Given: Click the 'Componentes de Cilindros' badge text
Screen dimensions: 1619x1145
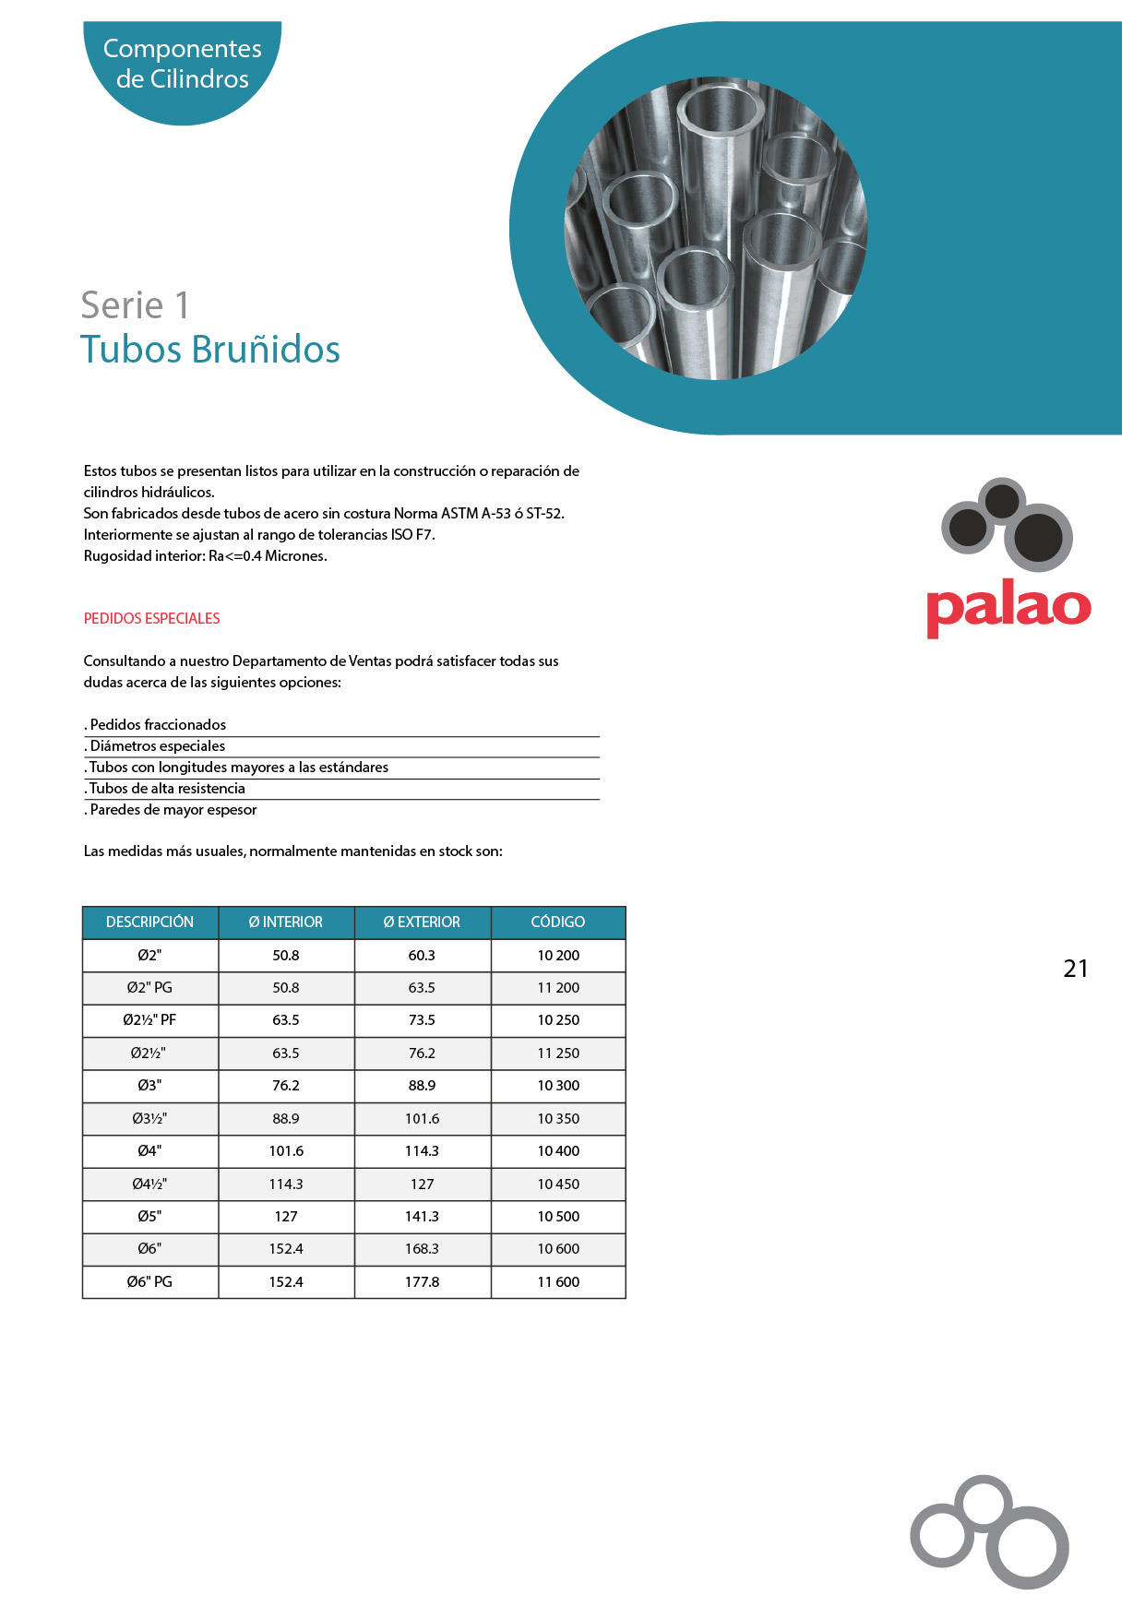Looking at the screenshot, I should point(182,64).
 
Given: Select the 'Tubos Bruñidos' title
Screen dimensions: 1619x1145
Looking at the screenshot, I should point(209,350).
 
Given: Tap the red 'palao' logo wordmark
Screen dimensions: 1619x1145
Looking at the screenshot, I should point(1008,608).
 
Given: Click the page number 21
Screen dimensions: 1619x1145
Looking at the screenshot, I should point(1075,969).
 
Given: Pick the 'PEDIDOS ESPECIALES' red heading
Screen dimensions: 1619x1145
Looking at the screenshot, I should point(151,618).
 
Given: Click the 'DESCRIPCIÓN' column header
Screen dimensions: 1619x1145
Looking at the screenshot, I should point(149,922).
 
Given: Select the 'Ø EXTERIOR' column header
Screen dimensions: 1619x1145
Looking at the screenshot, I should point(422,922).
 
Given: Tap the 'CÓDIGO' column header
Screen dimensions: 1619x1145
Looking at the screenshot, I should point(557,922).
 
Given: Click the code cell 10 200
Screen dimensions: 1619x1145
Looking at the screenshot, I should point(558,955).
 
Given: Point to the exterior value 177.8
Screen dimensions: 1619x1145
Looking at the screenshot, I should point(422,1281).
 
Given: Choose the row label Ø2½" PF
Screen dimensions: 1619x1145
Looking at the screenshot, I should point(149,1020).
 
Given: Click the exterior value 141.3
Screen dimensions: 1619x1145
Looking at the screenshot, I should point(422,1216).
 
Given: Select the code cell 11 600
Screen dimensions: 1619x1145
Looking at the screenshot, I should point(558,1281).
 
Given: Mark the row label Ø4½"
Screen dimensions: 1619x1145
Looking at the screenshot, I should point(149,1184).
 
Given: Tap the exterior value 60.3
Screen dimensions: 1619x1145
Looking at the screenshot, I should point(422,955).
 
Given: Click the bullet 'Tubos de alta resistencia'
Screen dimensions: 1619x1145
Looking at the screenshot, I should point(167,789).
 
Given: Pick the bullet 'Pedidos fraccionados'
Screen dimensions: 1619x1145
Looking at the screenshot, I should point(158,725).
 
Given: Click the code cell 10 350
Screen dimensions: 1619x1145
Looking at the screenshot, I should point(558,1118).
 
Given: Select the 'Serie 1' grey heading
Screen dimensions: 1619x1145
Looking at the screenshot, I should point(135,305).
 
